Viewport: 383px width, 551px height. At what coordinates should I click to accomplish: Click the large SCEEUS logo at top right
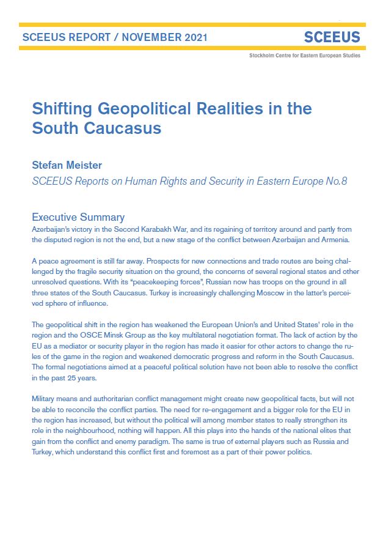pyautogui.click(x=332, y=38)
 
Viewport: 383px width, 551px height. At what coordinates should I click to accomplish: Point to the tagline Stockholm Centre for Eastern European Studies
pyautogui.click(x=305, y=56)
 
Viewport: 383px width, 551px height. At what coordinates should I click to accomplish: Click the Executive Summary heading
pyautogui.click(x=78, y=217)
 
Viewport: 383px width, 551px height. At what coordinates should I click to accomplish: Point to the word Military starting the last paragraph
pyautogui.click(x=46, y=399)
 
